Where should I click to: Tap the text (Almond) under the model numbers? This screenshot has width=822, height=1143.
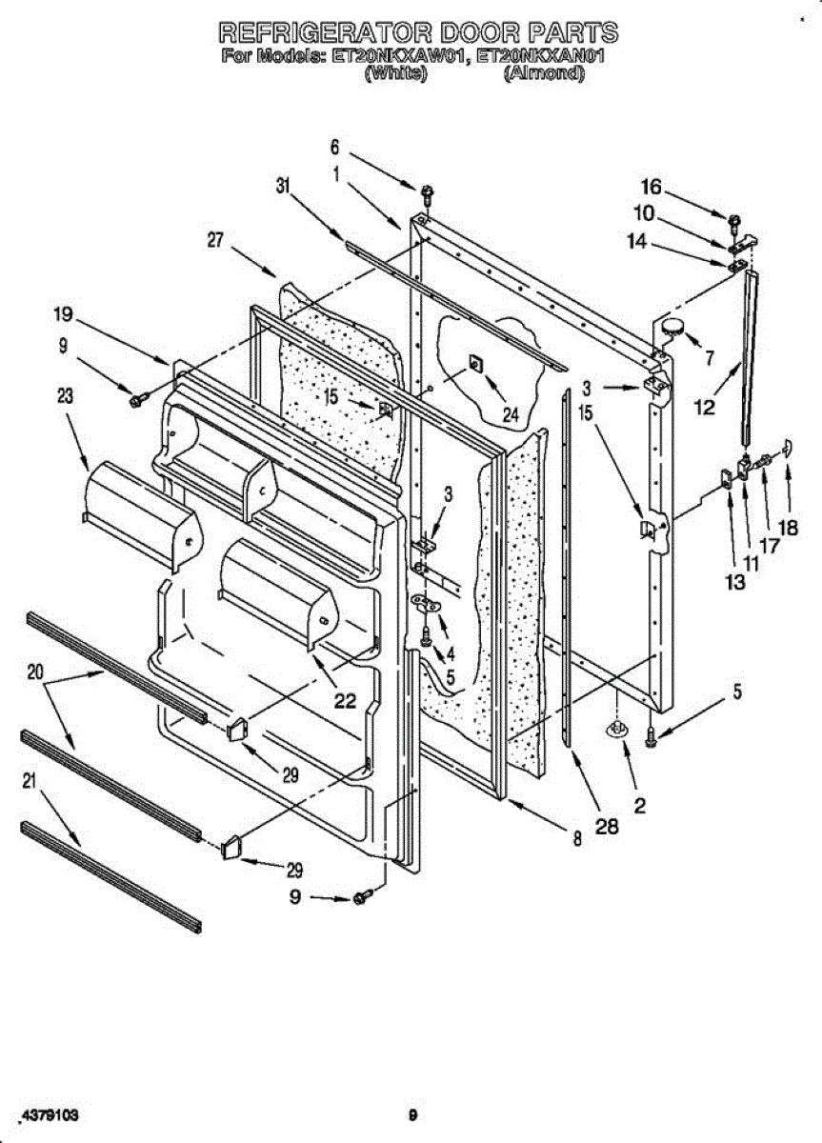pyautogui.click(x=542, y=73)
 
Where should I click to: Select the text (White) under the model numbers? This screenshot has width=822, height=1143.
pyautogui.click(x=394, y=73)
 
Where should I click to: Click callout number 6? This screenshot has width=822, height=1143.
pyautogui.click(x=334, y=147)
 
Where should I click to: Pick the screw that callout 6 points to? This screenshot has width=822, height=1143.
pyautogui.click(x=426, y=194)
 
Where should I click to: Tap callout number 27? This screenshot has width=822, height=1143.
pyautogui.click(x=217, y=241)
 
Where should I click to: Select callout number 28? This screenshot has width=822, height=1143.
pyautogui.click(x=607, y=827)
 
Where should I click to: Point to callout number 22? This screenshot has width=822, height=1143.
pyautogui.click(x=344, y=700)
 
